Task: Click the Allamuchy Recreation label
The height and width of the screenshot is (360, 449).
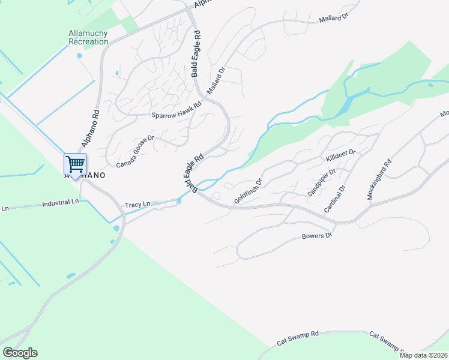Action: (88, 37)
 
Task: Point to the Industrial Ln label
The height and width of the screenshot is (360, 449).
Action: (61, 203)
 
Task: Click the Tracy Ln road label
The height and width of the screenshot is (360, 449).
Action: (137, 205)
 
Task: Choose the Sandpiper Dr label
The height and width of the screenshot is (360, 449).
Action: (321, 183)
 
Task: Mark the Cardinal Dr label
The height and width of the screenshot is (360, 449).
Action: (335, 199)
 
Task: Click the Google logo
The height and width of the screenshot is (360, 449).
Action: (20, 353)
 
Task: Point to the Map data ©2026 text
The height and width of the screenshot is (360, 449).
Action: (423, 355)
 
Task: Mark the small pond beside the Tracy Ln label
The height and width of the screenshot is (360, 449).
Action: (179, 201)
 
